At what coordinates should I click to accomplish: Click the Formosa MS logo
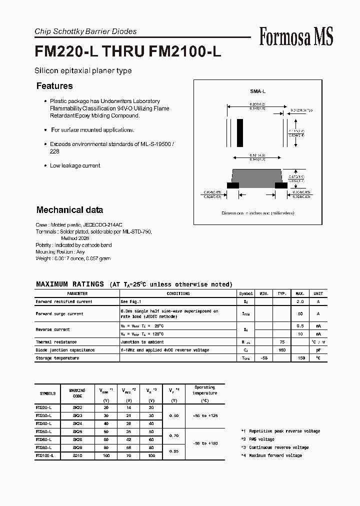(296, 36)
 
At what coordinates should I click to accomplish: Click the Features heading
(54, 86)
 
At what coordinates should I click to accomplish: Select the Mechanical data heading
(69, 210)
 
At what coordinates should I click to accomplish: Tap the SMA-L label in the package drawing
(257, 92)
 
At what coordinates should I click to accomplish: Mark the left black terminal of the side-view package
(232, 185)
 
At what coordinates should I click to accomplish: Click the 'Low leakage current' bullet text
(75, 165)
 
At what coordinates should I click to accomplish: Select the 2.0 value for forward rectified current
(300, 302)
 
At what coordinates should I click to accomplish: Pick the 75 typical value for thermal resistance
(282, 342)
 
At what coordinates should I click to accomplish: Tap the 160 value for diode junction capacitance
(282, 350)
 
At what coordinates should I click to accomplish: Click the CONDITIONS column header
(178, 294)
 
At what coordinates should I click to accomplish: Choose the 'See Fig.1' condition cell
(131, 302)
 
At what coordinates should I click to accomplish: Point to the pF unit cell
(318, 350)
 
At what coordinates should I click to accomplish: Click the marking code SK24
(77, 423)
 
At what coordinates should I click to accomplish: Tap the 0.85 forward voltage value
(173, 451)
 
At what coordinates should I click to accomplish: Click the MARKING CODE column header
(77, 393)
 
